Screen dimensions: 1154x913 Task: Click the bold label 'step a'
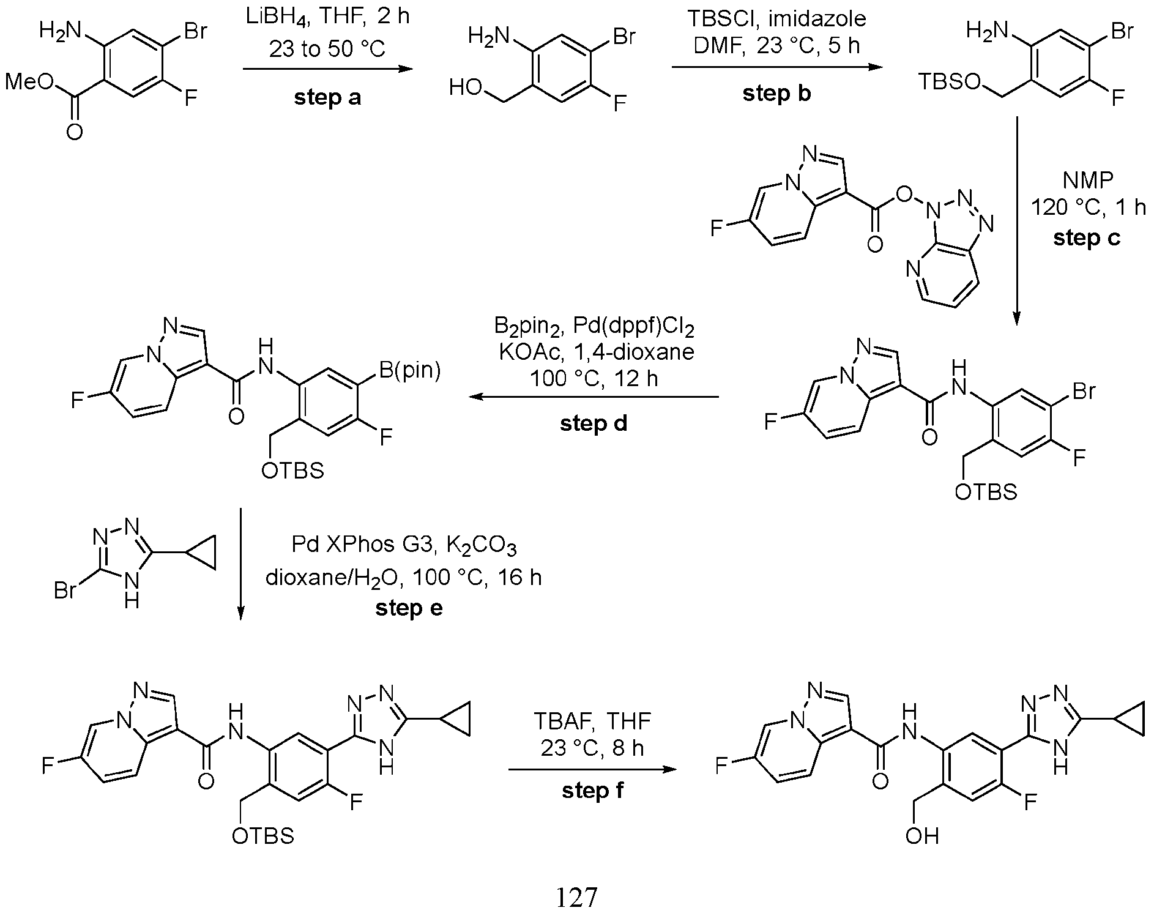pyautogui.click(x=327, y=98)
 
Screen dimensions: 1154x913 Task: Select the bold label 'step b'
pyautogui.click(x=776, y=94)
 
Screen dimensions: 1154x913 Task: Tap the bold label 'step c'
pyautogui.click(x=1087, y=238)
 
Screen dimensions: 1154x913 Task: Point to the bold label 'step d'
pyautogui.click(x=594, y=423)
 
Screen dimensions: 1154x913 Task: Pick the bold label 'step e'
pyautogui.click(x=409, y=608)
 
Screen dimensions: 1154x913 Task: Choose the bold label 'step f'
pyautogui.click(x=592, y=791)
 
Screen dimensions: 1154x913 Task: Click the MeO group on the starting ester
pyautogui.click(x=28, y=83)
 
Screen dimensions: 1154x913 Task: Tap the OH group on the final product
pyautogui.click(x=922, y=836)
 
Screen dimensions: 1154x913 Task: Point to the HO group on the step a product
pyautogui.click(x=465, y=88)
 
